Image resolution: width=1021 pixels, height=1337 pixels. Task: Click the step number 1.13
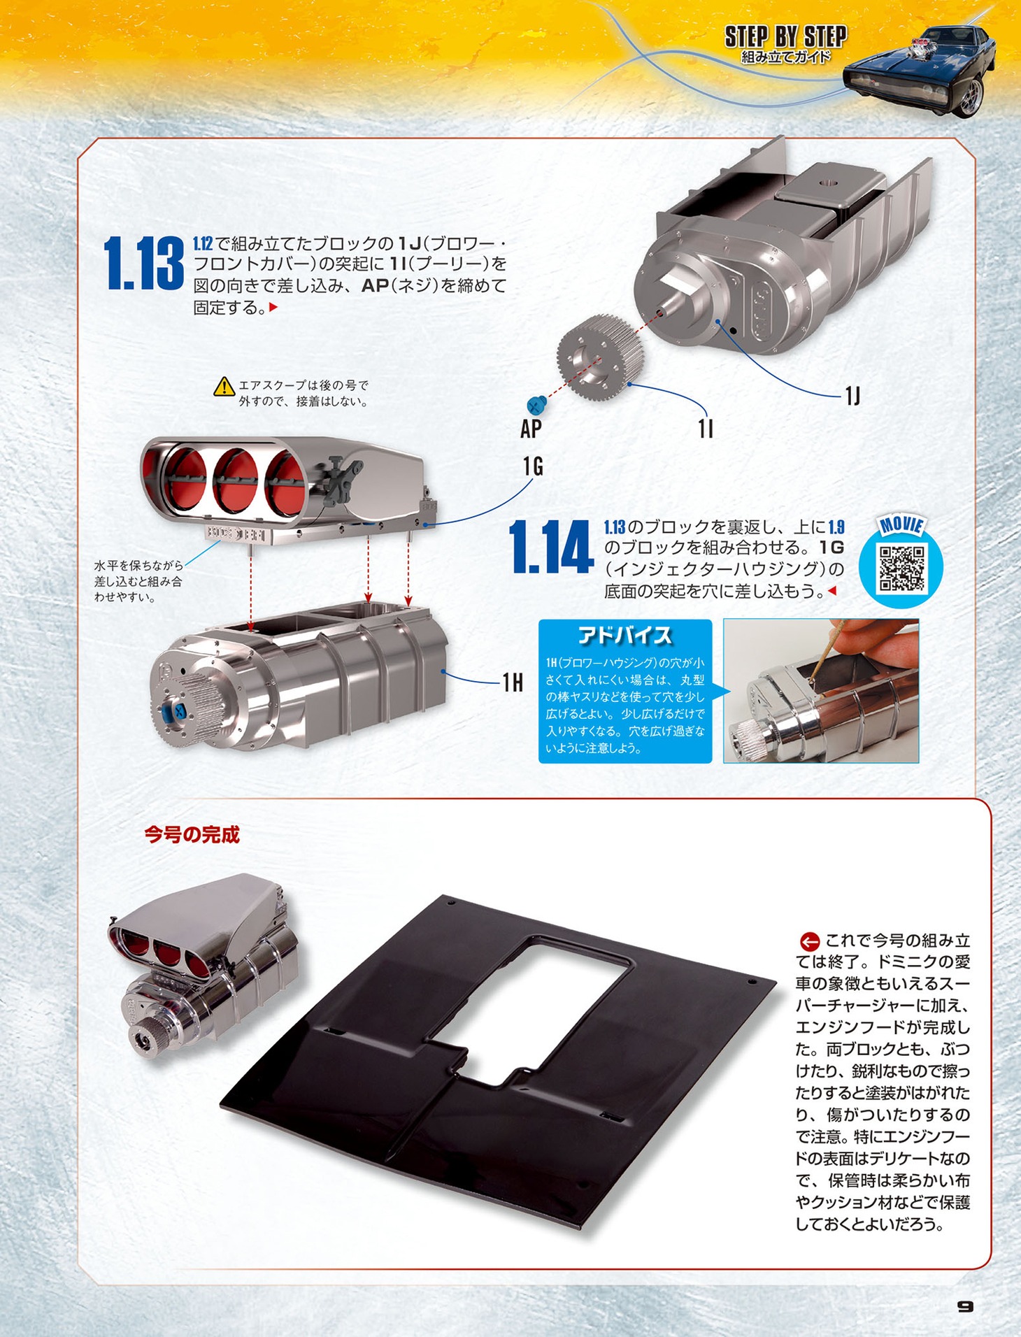click(x=144, y=264)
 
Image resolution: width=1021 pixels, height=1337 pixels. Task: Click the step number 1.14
click(x=550, y=548)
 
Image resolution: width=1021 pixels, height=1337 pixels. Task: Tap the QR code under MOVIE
click(x=901, y=568)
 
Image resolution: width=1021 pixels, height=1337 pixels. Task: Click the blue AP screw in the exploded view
click(x=537, y=404)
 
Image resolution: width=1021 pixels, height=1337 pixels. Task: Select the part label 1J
click(x=852, y=396)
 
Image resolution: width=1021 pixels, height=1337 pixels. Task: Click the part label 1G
click(x=533, y=466)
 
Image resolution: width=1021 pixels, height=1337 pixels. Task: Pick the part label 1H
click(x=513, y=682)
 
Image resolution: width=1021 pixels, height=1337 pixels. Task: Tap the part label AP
click(x=531, y=429)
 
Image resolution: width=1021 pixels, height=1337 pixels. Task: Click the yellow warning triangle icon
click(x=224, y=386)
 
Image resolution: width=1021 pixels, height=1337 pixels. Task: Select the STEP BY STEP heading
click(x=785, y=36)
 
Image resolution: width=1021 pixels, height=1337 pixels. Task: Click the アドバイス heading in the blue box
click(x=624, y=635)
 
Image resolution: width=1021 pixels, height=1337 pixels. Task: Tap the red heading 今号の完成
click(x=192, y=834)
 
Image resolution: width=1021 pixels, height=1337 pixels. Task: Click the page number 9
click(x=965, y=1306)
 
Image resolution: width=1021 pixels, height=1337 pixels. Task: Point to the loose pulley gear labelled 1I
click(x=601, y=357)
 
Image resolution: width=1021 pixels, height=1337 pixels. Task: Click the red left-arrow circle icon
click(x=809, y=941)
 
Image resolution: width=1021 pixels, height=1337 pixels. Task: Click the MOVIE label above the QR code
click(x=901, y=526)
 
